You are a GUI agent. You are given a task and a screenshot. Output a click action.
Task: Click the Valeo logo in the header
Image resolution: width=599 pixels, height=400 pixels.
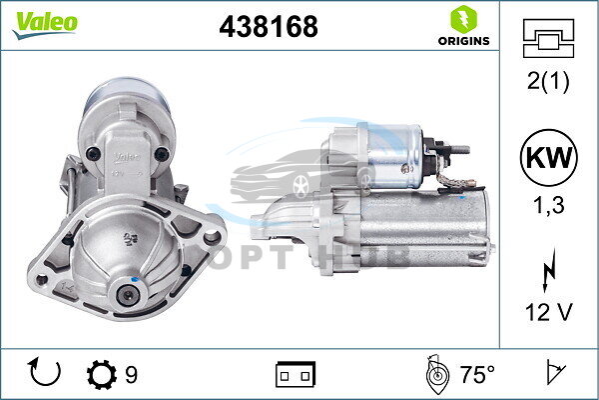coord(45,24)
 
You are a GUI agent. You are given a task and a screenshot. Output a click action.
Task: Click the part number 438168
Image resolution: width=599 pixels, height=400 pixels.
coord(269,26)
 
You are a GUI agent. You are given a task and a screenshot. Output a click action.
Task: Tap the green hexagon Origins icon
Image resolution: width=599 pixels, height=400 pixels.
coord(464,19)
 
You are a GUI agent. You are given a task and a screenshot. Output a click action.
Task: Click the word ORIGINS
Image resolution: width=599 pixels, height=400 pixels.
coord(464,41)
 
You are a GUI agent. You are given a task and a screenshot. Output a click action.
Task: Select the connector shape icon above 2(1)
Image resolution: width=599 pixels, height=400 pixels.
coord(548,38)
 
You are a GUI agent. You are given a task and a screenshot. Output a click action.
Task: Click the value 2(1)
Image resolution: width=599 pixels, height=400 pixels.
coord(548,81)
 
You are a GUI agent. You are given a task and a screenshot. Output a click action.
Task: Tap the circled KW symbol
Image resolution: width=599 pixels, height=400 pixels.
coord(548,157)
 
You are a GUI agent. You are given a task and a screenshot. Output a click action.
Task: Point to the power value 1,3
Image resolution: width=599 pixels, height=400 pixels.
coord(548,205)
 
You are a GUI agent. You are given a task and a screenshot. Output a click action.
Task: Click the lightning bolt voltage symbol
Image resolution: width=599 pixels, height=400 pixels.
coord(549,270)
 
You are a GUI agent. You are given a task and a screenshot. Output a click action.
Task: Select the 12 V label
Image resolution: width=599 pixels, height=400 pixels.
coord(548,312)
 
